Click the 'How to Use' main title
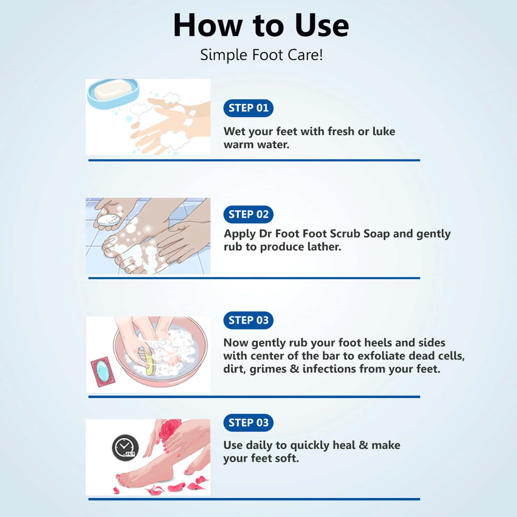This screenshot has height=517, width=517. pos(261,25)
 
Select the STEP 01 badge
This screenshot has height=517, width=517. pos(248,108)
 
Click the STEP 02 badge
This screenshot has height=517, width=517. pos(248,215)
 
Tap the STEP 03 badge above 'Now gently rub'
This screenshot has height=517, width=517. pos(248,320)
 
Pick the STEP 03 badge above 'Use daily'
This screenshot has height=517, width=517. pos(248,423)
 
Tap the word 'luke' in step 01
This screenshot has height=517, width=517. pos(384,131)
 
